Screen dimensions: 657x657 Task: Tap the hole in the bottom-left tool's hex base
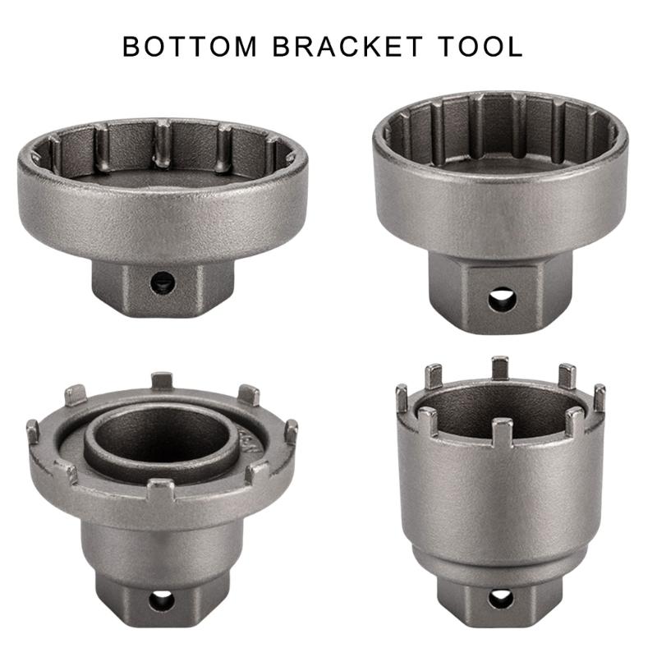click(x=161, y=600)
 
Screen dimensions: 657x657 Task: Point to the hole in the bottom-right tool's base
click(x=500, y=599)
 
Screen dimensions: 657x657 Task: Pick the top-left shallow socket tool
click(x=162, y=197)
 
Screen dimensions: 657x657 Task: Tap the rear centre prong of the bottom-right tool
click(x=499, y=368)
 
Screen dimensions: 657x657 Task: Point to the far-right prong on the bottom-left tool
click(x=291, y=430)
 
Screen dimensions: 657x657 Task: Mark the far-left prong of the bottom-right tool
click(x=402, y=399)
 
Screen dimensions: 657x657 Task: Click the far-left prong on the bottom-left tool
click(x=33, y=430)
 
